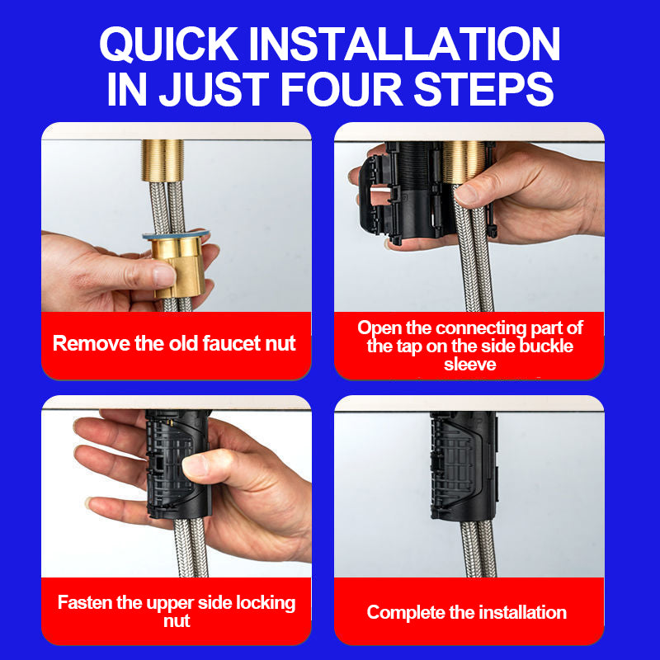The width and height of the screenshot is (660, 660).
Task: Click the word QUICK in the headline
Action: [x=169, y=45]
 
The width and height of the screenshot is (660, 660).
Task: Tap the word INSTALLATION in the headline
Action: [x=404, y=45]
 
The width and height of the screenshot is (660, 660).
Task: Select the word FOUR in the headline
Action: [x=342, y=89]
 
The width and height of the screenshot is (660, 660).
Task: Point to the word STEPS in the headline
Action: [x=483, y=89]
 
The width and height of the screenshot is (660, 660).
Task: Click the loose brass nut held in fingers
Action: [x=179, y=266]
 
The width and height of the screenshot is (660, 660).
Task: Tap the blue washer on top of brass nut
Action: [x=176, y=234]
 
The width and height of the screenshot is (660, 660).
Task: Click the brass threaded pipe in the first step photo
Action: [x=163, y=160]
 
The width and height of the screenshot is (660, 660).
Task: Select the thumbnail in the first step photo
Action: [x=163, y=276]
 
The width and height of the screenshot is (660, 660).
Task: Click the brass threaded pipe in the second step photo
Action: [x=463, y=162]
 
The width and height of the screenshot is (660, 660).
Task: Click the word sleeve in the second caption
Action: [x=469, y=365]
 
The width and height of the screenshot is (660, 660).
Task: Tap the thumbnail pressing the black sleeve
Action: [x=196, y=465]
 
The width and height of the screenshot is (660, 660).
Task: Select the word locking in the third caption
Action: [x=266, y=604]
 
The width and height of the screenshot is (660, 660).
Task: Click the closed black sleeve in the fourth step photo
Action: [x=464, y=466]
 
